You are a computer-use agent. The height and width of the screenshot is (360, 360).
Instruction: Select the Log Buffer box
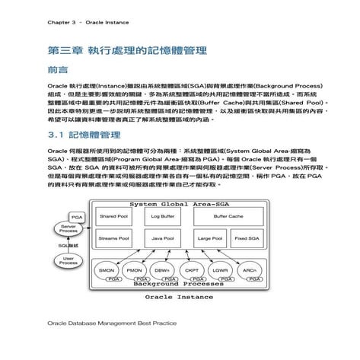pos(162,217)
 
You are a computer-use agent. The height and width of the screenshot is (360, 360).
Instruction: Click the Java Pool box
pos(162,238)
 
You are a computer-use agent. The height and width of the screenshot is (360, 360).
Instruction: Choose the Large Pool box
pos(209,238)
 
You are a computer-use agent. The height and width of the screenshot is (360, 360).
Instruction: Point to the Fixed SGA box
pos(246,238)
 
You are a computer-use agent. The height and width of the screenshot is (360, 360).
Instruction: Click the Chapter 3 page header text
pos(79,22)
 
